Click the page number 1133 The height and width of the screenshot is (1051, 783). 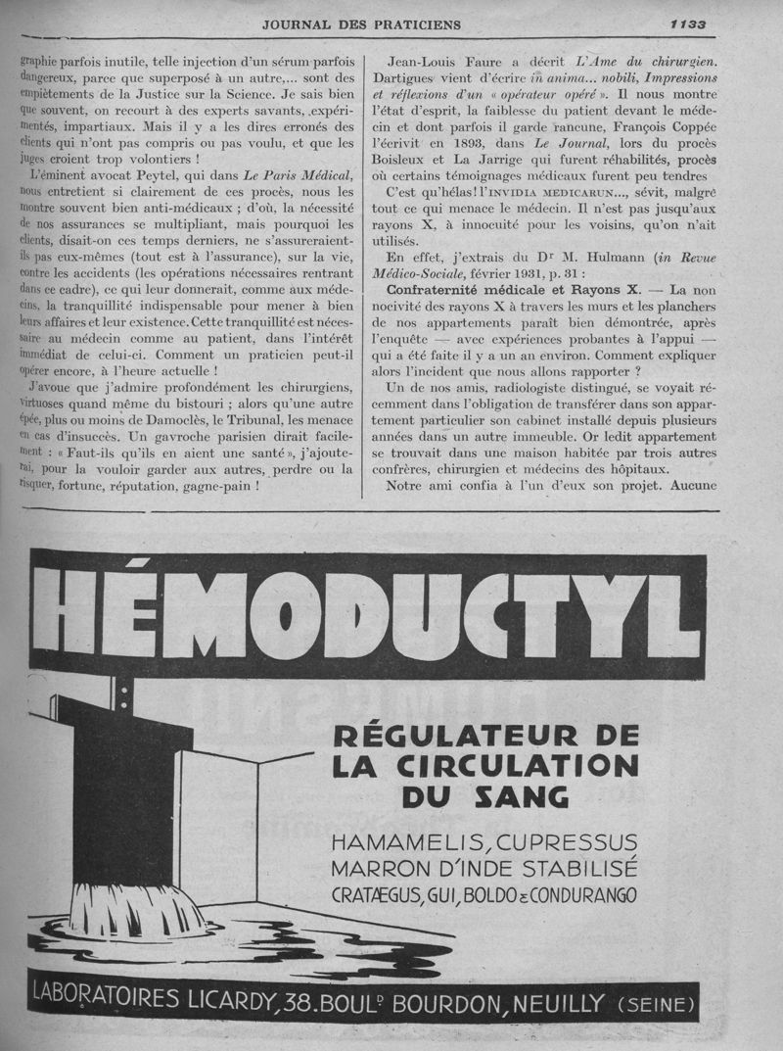tap(688, 24)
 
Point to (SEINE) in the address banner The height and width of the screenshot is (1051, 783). tap(658, 1005)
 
